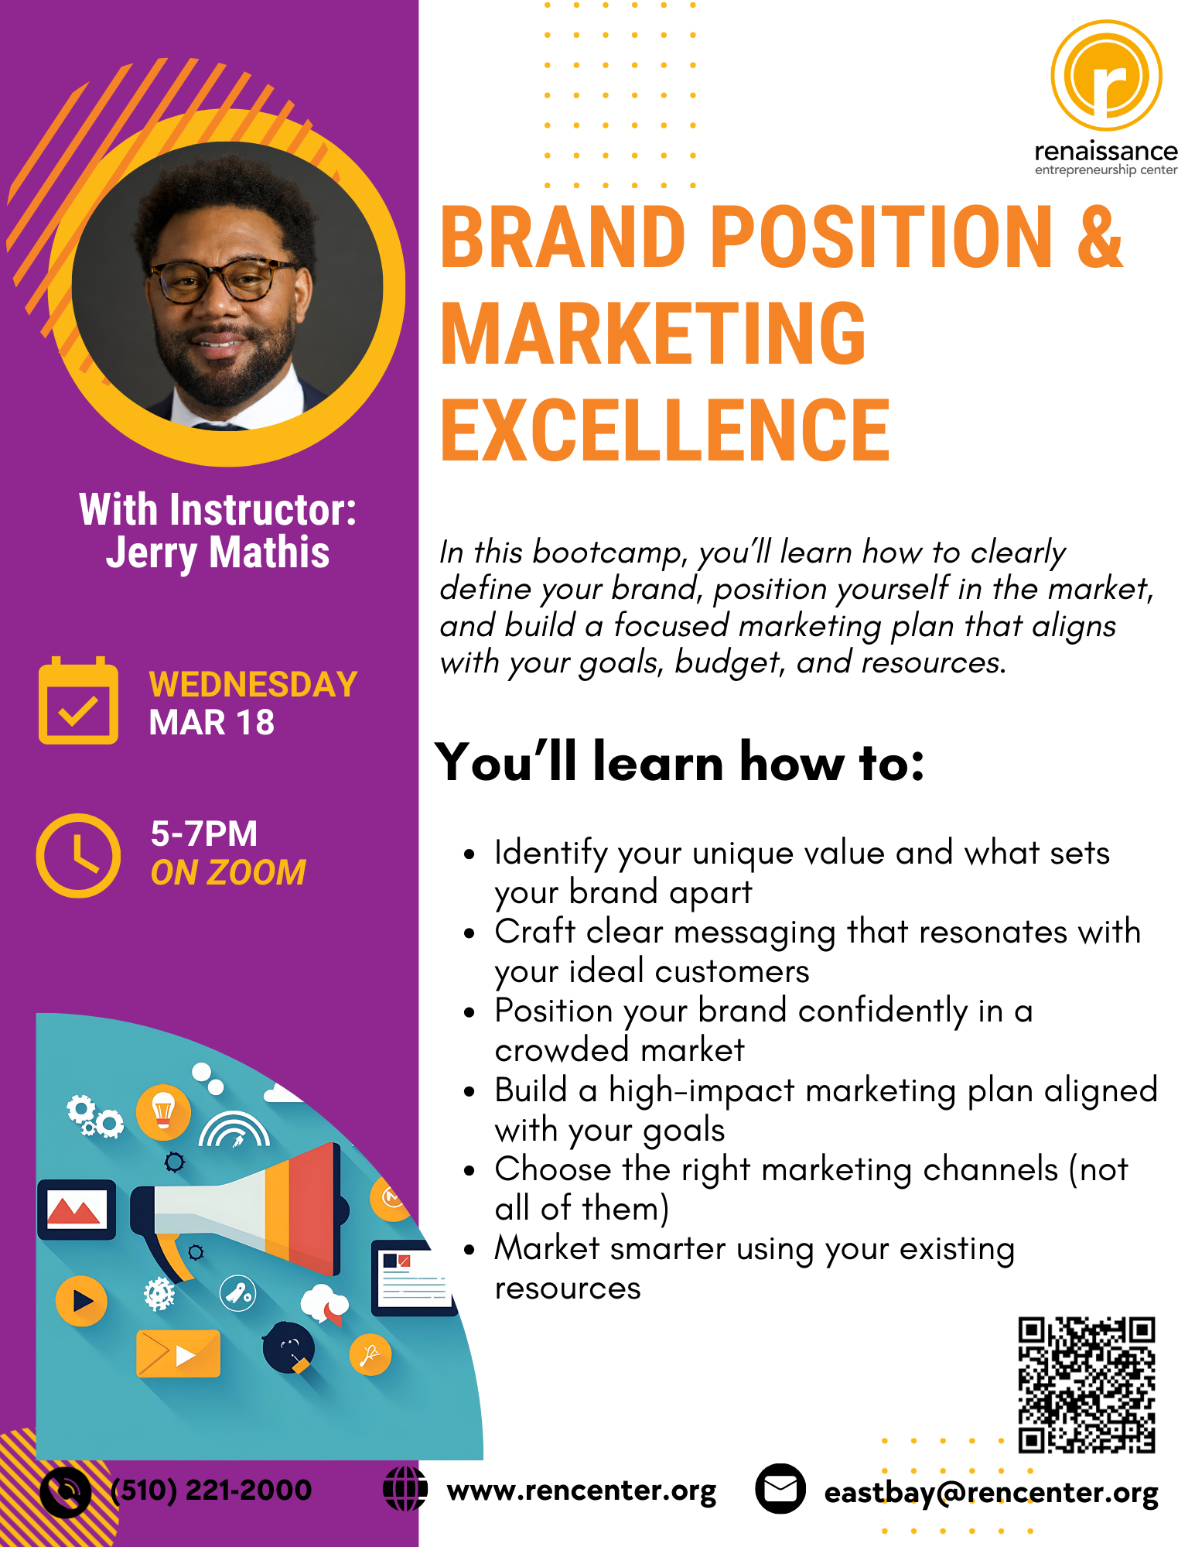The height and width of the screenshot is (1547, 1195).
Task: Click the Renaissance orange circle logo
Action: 1106,75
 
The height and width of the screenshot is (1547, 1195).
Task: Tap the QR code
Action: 1087,1384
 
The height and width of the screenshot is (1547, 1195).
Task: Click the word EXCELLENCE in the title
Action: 665,430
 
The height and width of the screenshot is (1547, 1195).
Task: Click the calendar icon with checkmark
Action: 78,700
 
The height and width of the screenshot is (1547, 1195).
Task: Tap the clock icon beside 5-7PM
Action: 78,855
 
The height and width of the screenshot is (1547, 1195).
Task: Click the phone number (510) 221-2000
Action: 211,1490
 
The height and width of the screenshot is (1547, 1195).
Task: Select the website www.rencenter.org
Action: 582,1491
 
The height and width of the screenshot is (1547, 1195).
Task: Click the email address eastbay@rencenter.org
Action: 992,1493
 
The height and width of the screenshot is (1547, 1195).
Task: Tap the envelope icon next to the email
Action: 780,1489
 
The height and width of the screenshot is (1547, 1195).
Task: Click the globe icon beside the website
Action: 405,1488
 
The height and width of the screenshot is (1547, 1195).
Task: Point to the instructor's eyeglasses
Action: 223,279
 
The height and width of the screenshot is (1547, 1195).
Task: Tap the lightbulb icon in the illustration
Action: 163,1112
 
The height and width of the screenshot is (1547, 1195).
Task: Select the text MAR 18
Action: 211,723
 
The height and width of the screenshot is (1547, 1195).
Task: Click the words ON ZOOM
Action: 228,872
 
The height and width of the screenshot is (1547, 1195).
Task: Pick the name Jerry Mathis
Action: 218,553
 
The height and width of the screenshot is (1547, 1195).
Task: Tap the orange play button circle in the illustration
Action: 81,1301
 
